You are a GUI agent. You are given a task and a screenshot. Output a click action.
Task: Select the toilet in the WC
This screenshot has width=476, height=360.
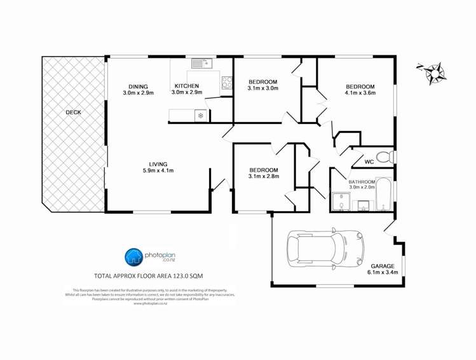[384, 157]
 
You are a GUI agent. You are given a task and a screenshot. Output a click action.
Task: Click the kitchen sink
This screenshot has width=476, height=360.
[201, 63]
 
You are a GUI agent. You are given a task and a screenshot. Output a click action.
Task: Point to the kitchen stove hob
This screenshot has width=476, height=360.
[226, 83]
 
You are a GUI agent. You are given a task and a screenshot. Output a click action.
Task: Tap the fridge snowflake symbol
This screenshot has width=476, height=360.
[201, 115]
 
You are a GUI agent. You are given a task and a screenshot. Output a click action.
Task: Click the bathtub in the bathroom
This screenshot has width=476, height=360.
[384, 194]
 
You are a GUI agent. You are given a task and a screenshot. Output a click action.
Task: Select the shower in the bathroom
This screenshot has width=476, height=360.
[340, 202]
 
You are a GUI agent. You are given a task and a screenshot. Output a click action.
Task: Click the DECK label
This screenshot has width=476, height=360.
[73, 113]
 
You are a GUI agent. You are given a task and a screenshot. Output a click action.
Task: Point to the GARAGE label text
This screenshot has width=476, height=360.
[383, 266]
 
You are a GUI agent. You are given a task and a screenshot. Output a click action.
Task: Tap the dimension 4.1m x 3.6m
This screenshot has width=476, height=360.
[360, 93]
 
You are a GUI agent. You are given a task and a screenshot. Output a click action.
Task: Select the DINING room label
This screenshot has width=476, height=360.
[138, 87]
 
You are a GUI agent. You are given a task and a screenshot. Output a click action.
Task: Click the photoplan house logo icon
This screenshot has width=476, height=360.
[133, 257]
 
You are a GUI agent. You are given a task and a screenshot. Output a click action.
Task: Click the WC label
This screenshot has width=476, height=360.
[369, 162]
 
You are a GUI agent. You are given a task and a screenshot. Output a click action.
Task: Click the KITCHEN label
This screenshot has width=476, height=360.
[187, 86]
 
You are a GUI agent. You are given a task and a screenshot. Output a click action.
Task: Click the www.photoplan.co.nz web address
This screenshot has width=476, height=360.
[150, 303]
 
